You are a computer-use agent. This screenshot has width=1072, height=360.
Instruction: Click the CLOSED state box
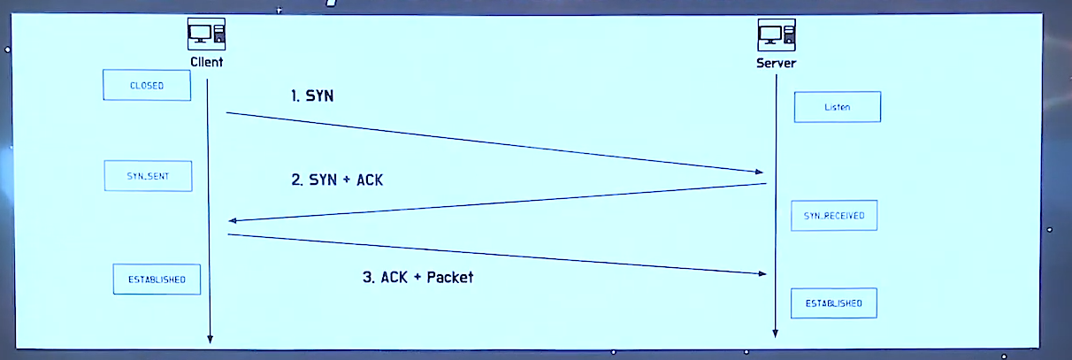pyautogui.click(x=147, y=86)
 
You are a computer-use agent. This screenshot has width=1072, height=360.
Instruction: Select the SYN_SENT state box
pyautogui.click(x=148, y=176)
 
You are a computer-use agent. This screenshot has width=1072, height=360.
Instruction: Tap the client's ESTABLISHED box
pyautogui.click(x=157, y=279)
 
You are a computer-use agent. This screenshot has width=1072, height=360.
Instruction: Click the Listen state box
pyautogui.click(x=837, y=107)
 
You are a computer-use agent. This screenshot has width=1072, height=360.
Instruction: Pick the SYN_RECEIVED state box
pyautogui.click(x=834, y=215)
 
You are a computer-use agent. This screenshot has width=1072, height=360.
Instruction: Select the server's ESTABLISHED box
pyautogui.click(x=833, y=303)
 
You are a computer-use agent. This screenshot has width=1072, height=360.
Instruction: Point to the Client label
pyautogui.click(x=207, y=63)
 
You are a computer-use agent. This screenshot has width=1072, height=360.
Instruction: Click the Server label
pyautogui.click(x=776, y=64)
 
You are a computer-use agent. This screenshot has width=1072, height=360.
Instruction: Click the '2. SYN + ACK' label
pyautogui.click(x=337, y=180)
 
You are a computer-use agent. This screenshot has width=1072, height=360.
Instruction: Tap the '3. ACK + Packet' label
pyautogui.click(x=417, y=277)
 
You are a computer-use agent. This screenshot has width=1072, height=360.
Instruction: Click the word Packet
pyautogui.click(x=449, y=277)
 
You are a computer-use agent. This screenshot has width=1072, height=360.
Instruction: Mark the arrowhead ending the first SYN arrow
pyautogui.click(x=759, y=171)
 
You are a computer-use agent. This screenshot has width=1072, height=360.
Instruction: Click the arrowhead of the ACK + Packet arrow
pyautogui.click(x=761, y=273)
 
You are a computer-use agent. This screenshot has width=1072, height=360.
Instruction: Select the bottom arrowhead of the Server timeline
pyautogui.click(x=776, y=333)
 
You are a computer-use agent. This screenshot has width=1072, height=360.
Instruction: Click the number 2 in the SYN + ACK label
pyautogui.click(x=296, y=180)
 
